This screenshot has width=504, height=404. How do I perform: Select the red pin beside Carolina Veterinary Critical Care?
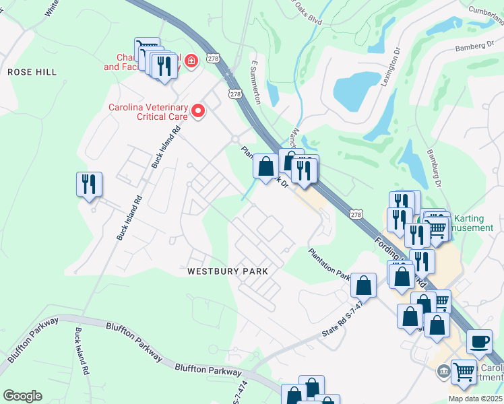click(x=198, y=111)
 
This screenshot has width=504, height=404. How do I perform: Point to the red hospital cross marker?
click(x=191, y=62)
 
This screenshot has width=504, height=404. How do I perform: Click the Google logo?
click(x=22, y=396)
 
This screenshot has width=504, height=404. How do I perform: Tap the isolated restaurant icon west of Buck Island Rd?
click(x=89, y=184)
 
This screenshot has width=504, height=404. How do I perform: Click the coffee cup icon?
click(x=480, y=341)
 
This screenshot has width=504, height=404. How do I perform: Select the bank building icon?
click(x=444, y=371)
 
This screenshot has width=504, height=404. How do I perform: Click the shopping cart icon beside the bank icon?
click(x=464, y=371)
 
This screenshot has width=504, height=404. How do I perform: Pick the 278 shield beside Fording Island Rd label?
click(x=356, y=213)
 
